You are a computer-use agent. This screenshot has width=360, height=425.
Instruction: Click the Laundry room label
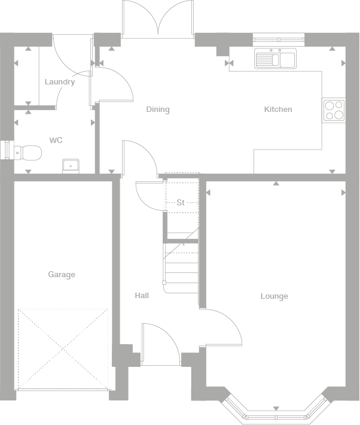60,82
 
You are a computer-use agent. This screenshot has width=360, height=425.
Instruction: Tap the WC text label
56,141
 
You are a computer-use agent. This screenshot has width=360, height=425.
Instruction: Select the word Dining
158,110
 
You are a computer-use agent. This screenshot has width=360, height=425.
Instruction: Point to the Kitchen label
278,110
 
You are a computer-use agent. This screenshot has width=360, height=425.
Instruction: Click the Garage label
62,275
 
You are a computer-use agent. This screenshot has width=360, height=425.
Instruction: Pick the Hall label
142,296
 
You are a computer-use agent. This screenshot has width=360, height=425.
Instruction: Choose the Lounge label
274,296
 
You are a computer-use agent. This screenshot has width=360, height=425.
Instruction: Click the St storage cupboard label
180,203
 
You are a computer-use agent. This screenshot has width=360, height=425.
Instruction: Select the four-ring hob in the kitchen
334,110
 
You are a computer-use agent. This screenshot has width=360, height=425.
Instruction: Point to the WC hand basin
71,164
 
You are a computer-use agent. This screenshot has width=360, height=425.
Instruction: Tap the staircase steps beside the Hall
182,266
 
